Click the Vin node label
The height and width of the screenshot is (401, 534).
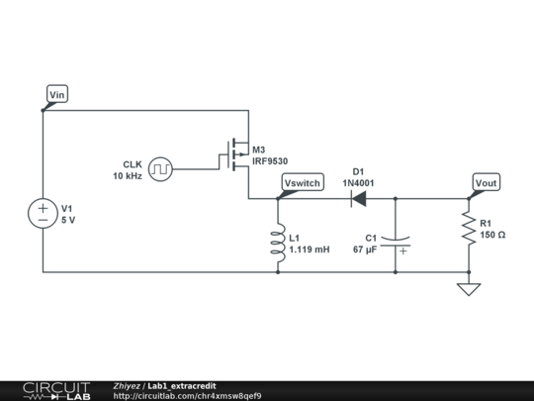[57, 95]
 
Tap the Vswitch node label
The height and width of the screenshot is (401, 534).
[302, 183]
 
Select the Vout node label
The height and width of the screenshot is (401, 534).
[486, 183]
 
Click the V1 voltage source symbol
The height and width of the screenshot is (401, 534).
[44, 214]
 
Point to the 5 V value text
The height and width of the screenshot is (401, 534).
[68, 221]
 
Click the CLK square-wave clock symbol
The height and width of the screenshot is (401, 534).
[160, 169]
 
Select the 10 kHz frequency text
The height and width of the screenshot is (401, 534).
[128, 176]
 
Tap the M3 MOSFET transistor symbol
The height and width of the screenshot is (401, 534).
[238, 154]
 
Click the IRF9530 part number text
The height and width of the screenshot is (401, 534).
[270, 160]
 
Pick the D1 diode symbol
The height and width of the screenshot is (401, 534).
[358, 199]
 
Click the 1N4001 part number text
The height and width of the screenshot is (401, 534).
[358, 182]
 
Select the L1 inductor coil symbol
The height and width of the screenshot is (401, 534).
[278, 244]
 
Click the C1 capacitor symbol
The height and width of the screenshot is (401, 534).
[396, 244]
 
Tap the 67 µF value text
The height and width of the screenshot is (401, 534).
[365, 251]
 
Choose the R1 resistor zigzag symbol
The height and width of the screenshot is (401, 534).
[469, 230]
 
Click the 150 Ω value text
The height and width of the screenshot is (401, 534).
[492, 236]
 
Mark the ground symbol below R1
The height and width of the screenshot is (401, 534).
[469, 289]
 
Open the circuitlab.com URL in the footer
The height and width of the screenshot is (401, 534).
[188, 396]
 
